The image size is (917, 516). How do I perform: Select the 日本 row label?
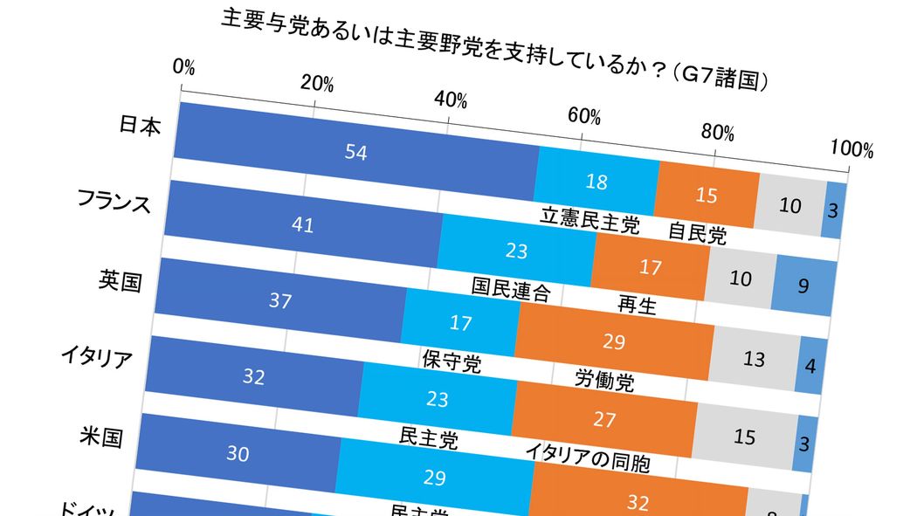tap(140, 127)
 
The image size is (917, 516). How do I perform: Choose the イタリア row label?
tap(96, 357)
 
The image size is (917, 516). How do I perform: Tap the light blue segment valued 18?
tap(596, 181)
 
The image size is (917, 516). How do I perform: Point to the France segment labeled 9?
tap(806, 284)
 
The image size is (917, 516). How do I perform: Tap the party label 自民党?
tap(697, 234)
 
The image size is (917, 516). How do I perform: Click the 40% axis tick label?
tap(451, 100)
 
